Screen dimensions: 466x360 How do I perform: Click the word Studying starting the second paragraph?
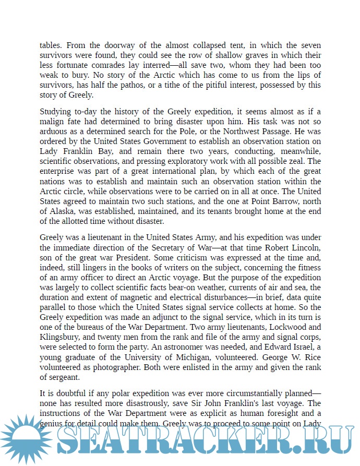pyautogui.click(x=57, y=112)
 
